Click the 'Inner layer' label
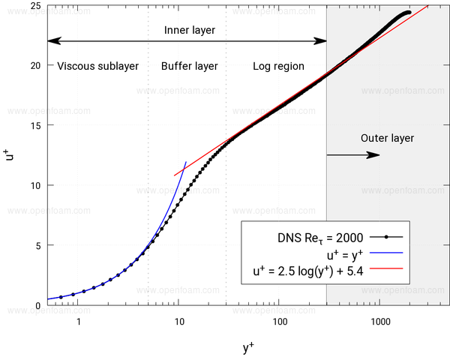pyautogui.click(x=190, y=30)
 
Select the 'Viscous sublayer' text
pyautogui.click(x=97, y=66)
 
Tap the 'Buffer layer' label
pyautogui.click(x=190, y=66)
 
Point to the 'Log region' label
pyautogui.click(x=278, y=66)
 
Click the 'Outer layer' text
pyautogui.click(x=387, y=138)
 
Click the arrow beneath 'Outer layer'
pyautogui.click(x=353, y=155)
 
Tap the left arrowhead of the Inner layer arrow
pyautogui.click(x=54, y=40)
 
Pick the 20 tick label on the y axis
pyautogui.click(x=35, y=66)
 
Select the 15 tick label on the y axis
pyautogui.click(x=35, y=125)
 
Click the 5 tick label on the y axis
pyautogui.click(x=38, y=246)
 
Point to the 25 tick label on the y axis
pyautogui.click(x=35, y=6)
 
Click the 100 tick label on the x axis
pyautogui.click(x=280, y=322)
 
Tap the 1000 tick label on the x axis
pyautogui.click(x=380, y=322)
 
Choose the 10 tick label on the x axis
pyautogui.click(x=179, y=322)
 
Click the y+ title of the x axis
pyautogui.click(x=248, y=347)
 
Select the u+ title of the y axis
pyautogui.click(x=9, y=154)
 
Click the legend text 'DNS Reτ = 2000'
pyautogui.click(x=320, y=238)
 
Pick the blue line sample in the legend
pyautogui.click(x=386, y=253)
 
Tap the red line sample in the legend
pyautogui.click(x=386, y=268)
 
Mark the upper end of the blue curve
pyautogui.click(x=186, y=162)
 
